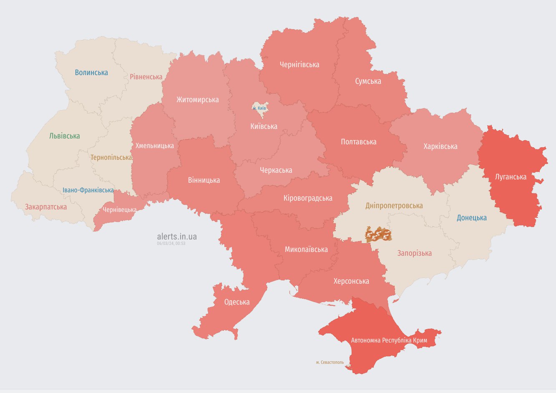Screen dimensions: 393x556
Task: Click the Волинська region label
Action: [x=91, y=73]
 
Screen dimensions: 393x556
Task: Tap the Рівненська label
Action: [x=146, y=77]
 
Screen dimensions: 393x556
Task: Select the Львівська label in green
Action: [x=64, y=136]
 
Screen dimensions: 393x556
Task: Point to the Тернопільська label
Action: [x=111, y=158]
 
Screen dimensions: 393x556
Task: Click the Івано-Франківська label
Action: [x=88, y=190]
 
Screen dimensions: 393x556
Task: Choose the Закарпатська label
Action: [x=46, y=207]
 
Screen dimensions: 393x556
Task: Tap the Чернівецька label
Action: [x=119, y=210]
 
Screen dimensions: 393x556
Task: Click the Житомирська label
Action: [x=197, y=100]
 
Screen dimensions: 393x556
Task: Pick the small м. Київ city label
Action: [x=259, y=108]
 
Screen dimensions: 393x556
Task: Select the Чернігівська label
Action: [x=299, y=65]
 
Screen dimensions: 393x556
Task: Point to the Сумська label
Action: [x=368, y=81]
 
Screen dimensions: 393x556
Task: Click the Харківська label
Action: [x=440, y=146]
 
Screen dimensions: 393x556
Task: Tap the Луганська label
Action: [x=511, y=177]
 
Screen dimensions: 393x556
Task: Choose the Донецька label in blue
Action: [x=472, y=218]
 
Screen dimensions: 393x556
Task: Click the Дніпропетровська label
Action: [x=394, y=206]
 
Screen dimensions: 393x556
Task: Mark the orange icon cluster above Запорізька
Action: [x=378, y=235]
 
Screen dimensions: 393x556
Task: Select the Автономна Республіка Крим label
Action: [x=389, y=340]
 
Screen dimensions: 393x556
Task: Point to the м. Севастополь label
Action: [x=330, y=362]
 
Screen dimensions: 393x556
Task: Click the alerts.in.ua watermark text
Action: [x=177, y=237]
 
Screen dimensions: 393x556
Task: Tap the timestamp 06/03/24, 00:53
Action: [x=171, y=243]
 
